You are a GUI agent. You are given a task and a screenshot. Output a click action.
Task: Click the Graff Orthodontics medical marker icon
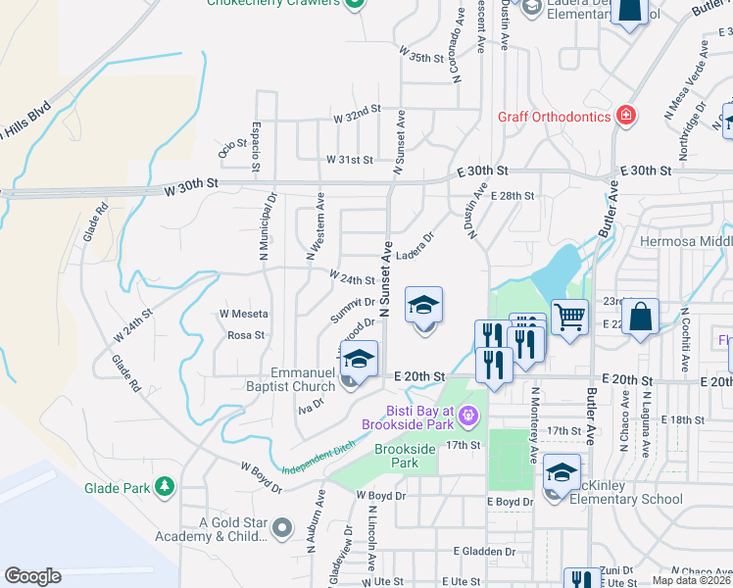pyautogui.click(x=625, y=116)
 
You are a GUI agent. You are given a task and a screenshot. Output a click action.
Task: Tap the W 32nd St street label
pyautogui.click(x=356, y=117)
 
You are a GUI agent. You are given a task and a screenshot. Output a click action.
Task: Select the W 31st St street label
pyautogui.click(x=350, y=159)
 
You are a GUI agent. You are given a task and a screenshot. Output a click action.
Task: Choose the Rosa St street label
pyautogui.click(x=246, y=335)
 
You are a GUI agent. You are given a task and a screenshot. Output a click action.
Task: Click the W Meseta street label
pyautogui.click(x=244, y=314)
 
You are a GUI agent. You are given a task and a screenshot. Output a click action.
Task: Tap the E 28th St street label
pyautogui.click(x=513, y=196)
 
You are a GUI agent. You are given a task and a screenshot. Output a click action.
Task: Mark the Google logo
pyautogui.click(x=33, y=576)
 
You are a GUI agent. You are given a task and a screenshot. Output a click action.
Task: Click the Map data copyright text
pyautogui.click(x=691, y=580)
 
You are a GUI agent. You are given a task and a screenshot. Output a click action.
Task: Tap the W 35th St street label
pyautogui.click(x=427, y=59)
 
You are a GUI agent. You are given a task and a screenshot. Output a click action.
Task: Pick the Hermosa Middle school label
pyautogui.click(x=686, y=241)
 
